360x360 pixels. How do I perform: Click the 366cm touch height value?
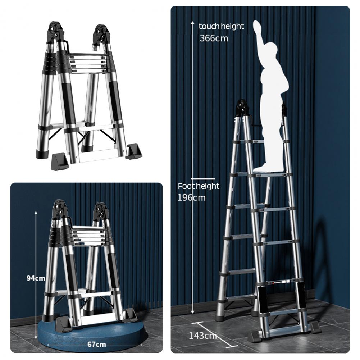point(214,38)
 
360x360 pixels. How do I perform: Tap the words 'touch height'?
point(221,26)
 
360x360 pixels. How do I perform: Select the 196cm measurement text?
point(191,197)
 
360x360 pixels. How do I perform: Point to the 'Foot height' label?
point(199,186)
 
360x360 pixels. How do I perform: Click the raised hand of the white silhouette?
point(258,27)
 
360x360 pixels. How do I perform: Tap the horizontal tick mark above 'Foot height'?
point(203,179)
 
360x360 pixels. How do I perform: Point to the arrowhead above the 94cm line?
point(36,213)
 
